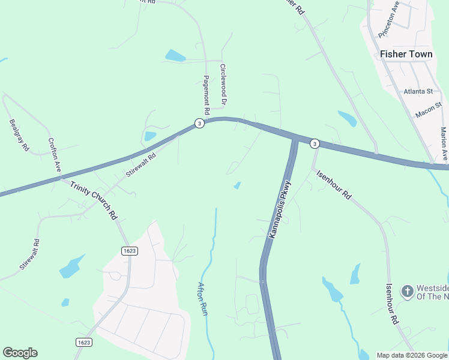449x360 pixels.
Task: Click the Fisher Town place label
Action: point(406,54)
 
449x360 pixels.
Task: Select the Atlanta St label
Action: point(418,91)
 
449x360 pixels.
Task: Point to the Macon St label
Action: point(428,110)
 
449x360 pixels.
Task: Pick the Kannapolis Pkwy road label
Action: point(280,209)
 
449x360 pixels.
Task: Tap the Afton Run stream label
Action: point(203,299)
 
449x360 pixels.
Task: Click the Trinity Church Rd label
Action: point(93,201)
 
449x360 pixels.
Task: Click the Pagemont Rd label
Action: point(205,95)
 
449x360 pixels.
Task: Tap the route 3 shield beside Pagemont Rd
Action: point(199,123)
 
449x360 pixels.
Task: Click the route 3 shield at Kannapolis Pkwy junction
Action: point(315,144)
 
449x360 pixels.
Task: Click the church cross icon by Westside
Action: point(407,292)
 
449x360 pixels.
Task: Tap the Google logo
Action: point(20,353)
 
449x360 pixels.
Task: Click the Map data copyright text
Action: point(412,355)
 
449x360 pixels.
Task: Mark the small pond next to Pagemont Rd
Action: point(175,56)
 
